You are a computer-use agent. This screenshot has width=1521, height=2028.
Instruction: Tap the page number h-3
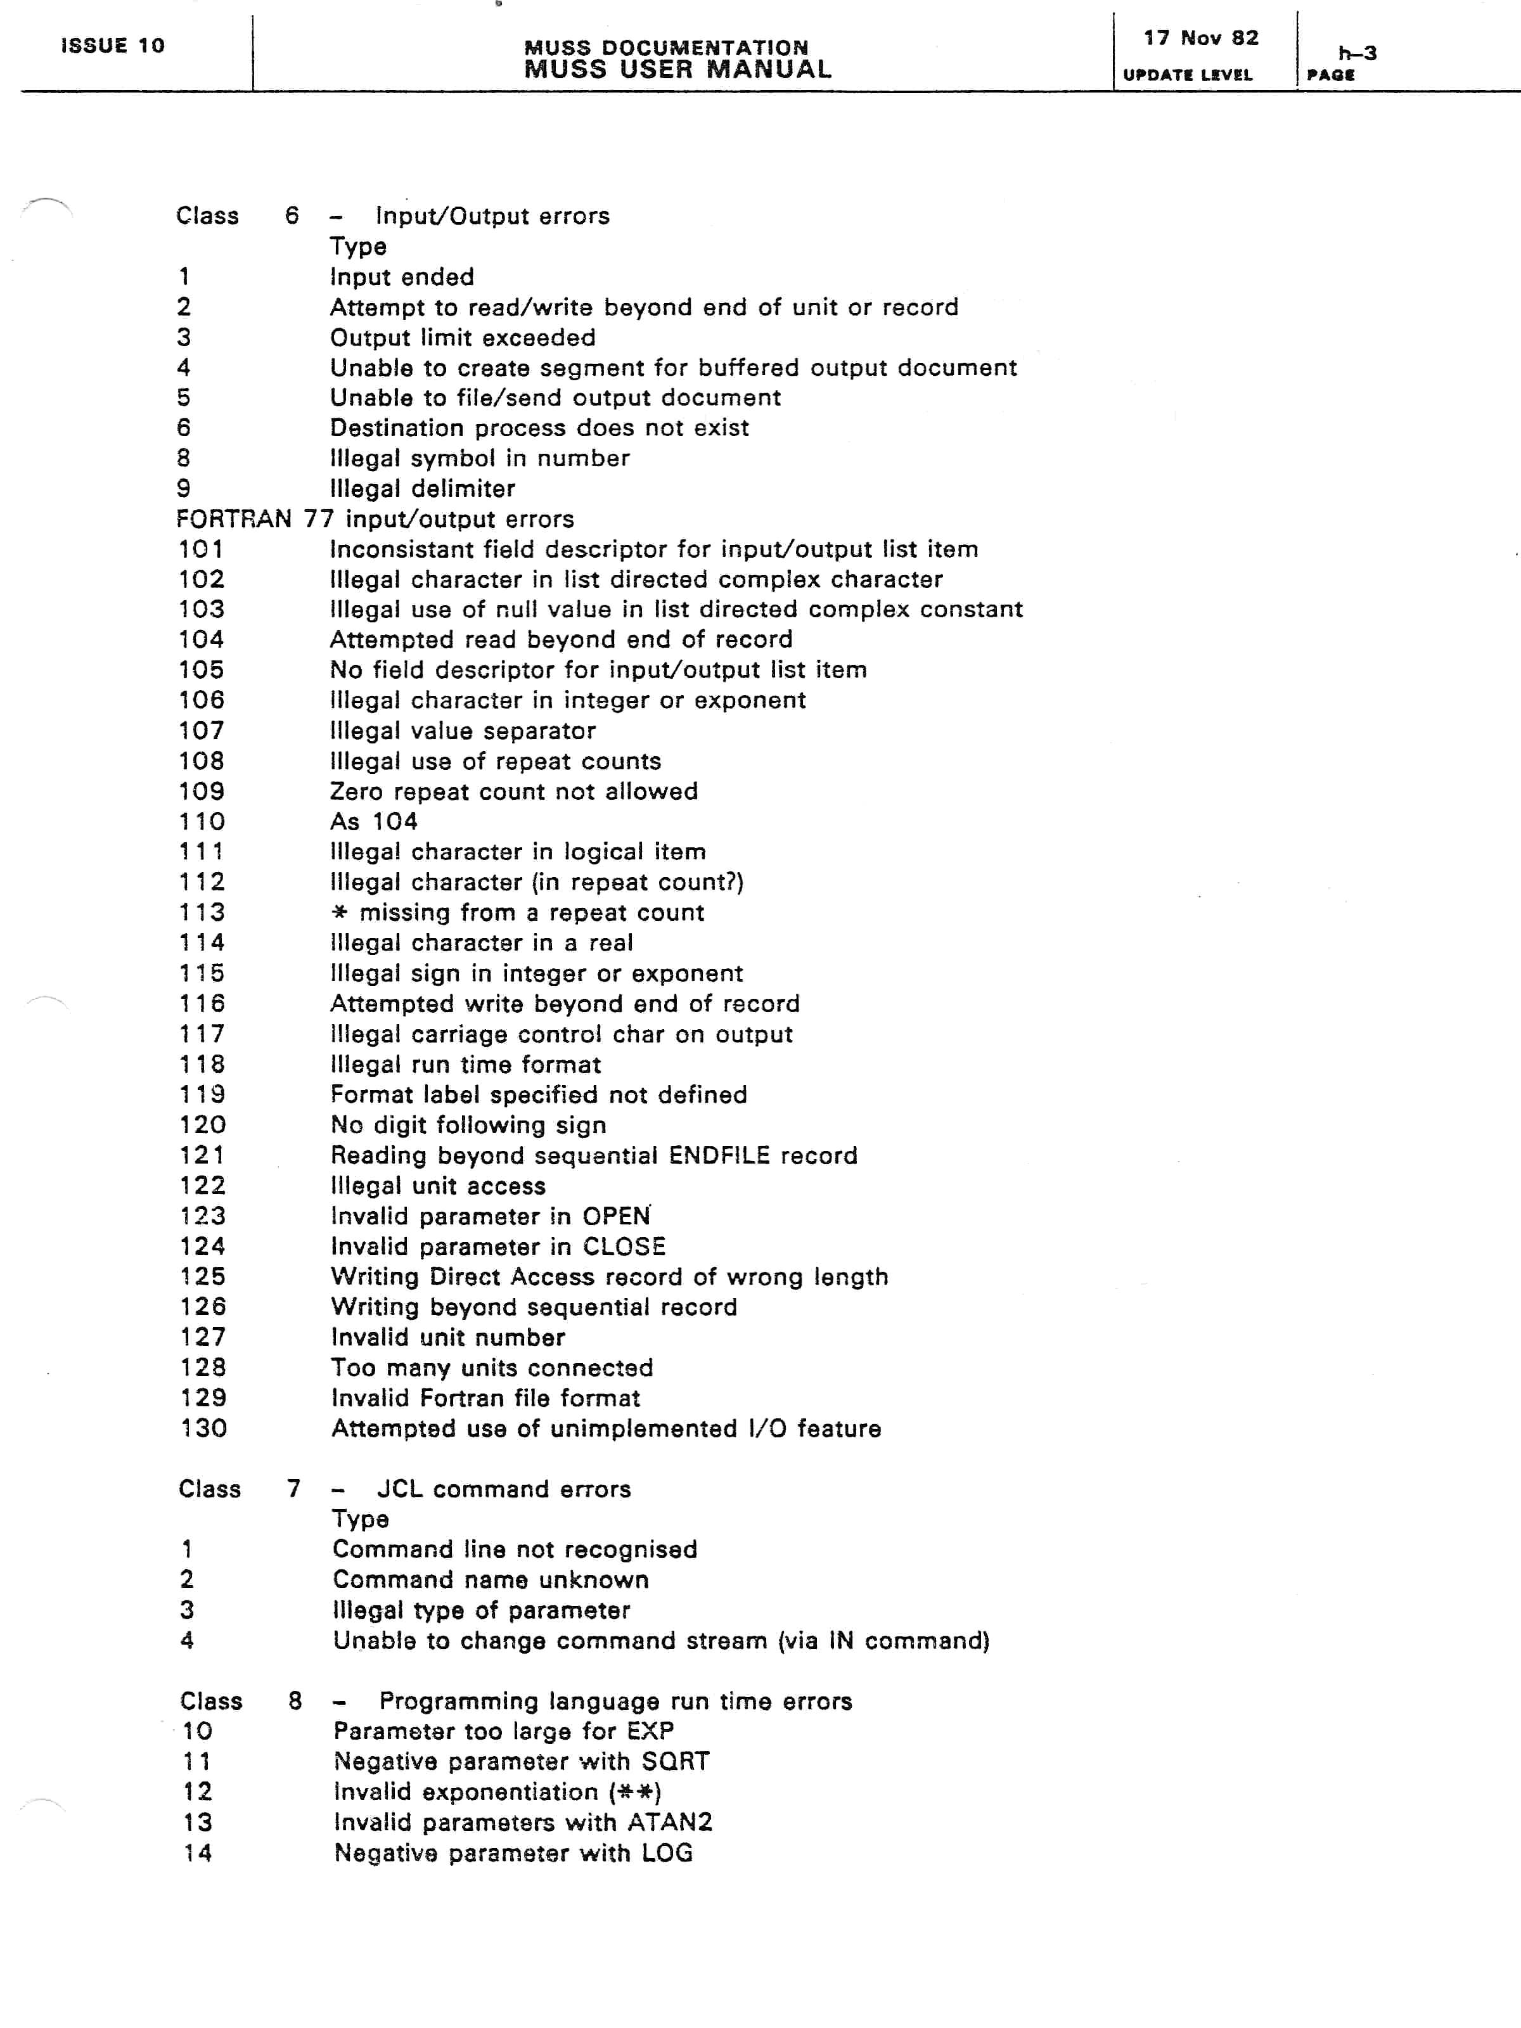(x=1357, y=53)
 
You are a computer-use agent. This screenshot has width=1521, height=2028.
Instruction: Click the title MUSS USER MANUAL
(x=677, y=70)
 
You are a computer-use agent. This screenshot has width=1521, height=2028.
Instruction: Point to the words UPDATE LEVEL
(x=1187, y=75)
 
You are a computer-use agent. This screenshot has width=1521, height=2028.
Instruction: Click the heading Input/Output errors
(x=492, y=216)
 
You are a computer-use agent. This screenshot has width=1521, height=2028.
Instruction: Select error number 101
(x=201, y=549)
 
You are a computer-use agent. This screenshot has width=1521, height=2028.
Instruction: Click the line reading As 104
(x=373, y=821)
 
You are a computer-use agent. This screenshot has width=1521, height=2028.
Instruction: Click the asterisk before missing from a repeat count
(x=340, y=913)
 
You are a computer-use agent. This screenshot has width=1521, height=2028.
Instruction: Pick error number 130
(x=203, y=1428)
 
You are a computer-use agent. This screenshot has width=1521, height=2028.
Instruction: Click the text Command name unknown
(x=491, y=1580)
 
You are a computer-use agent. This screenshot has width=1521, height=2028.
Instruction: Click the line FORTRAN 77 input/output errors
(x=375, y=519)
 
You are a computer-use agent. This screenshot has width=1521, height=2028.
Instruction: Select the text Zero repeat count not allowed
(x=513, y=791)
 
